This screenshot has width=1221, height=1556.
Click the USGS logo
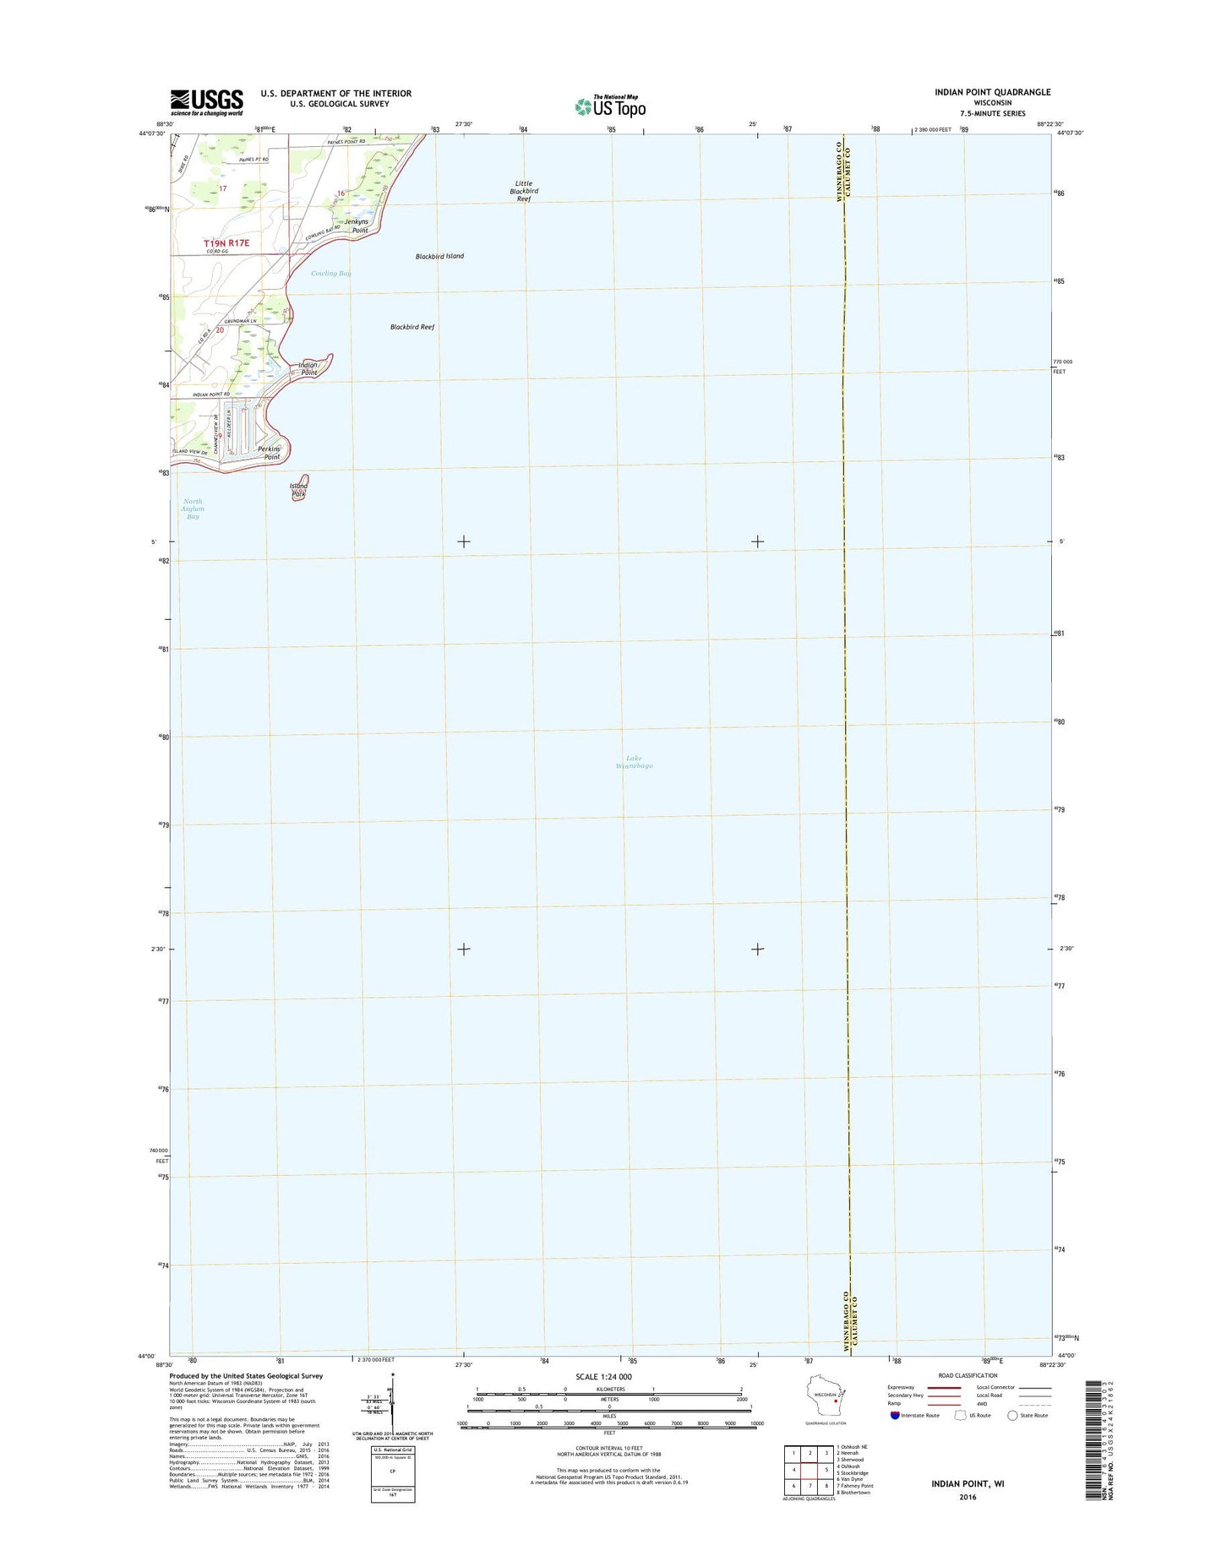tap(206, 102)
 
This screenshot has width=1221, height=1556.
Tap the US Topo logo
tap(610, 106)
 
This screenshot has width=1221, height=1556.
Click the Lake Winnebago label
tap(640, 762)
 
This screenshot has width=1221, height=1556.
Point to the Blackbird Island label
tap(439, 256)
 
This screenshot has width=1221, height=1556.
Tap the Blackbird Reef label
tap(412, 327)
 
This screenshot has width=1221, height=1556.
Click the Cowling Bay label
tap(330, 273)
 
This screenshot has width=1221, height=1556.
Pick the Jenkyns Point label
tap(356, 226)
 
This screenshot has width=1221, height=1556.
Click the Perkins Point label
tap(270, 452)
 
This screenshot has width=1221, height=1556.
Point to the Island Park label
tap(298, 490)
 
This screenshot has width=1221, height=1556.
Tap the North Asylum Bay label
tap(194, 509)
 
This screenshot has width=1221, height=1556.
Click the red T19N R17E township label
tap(227, 243)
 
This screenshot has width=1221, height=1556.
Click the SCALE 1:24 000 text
tap(602, 1401)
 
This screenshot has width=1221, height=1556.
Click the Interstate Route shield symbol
tap(894, 1439)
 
